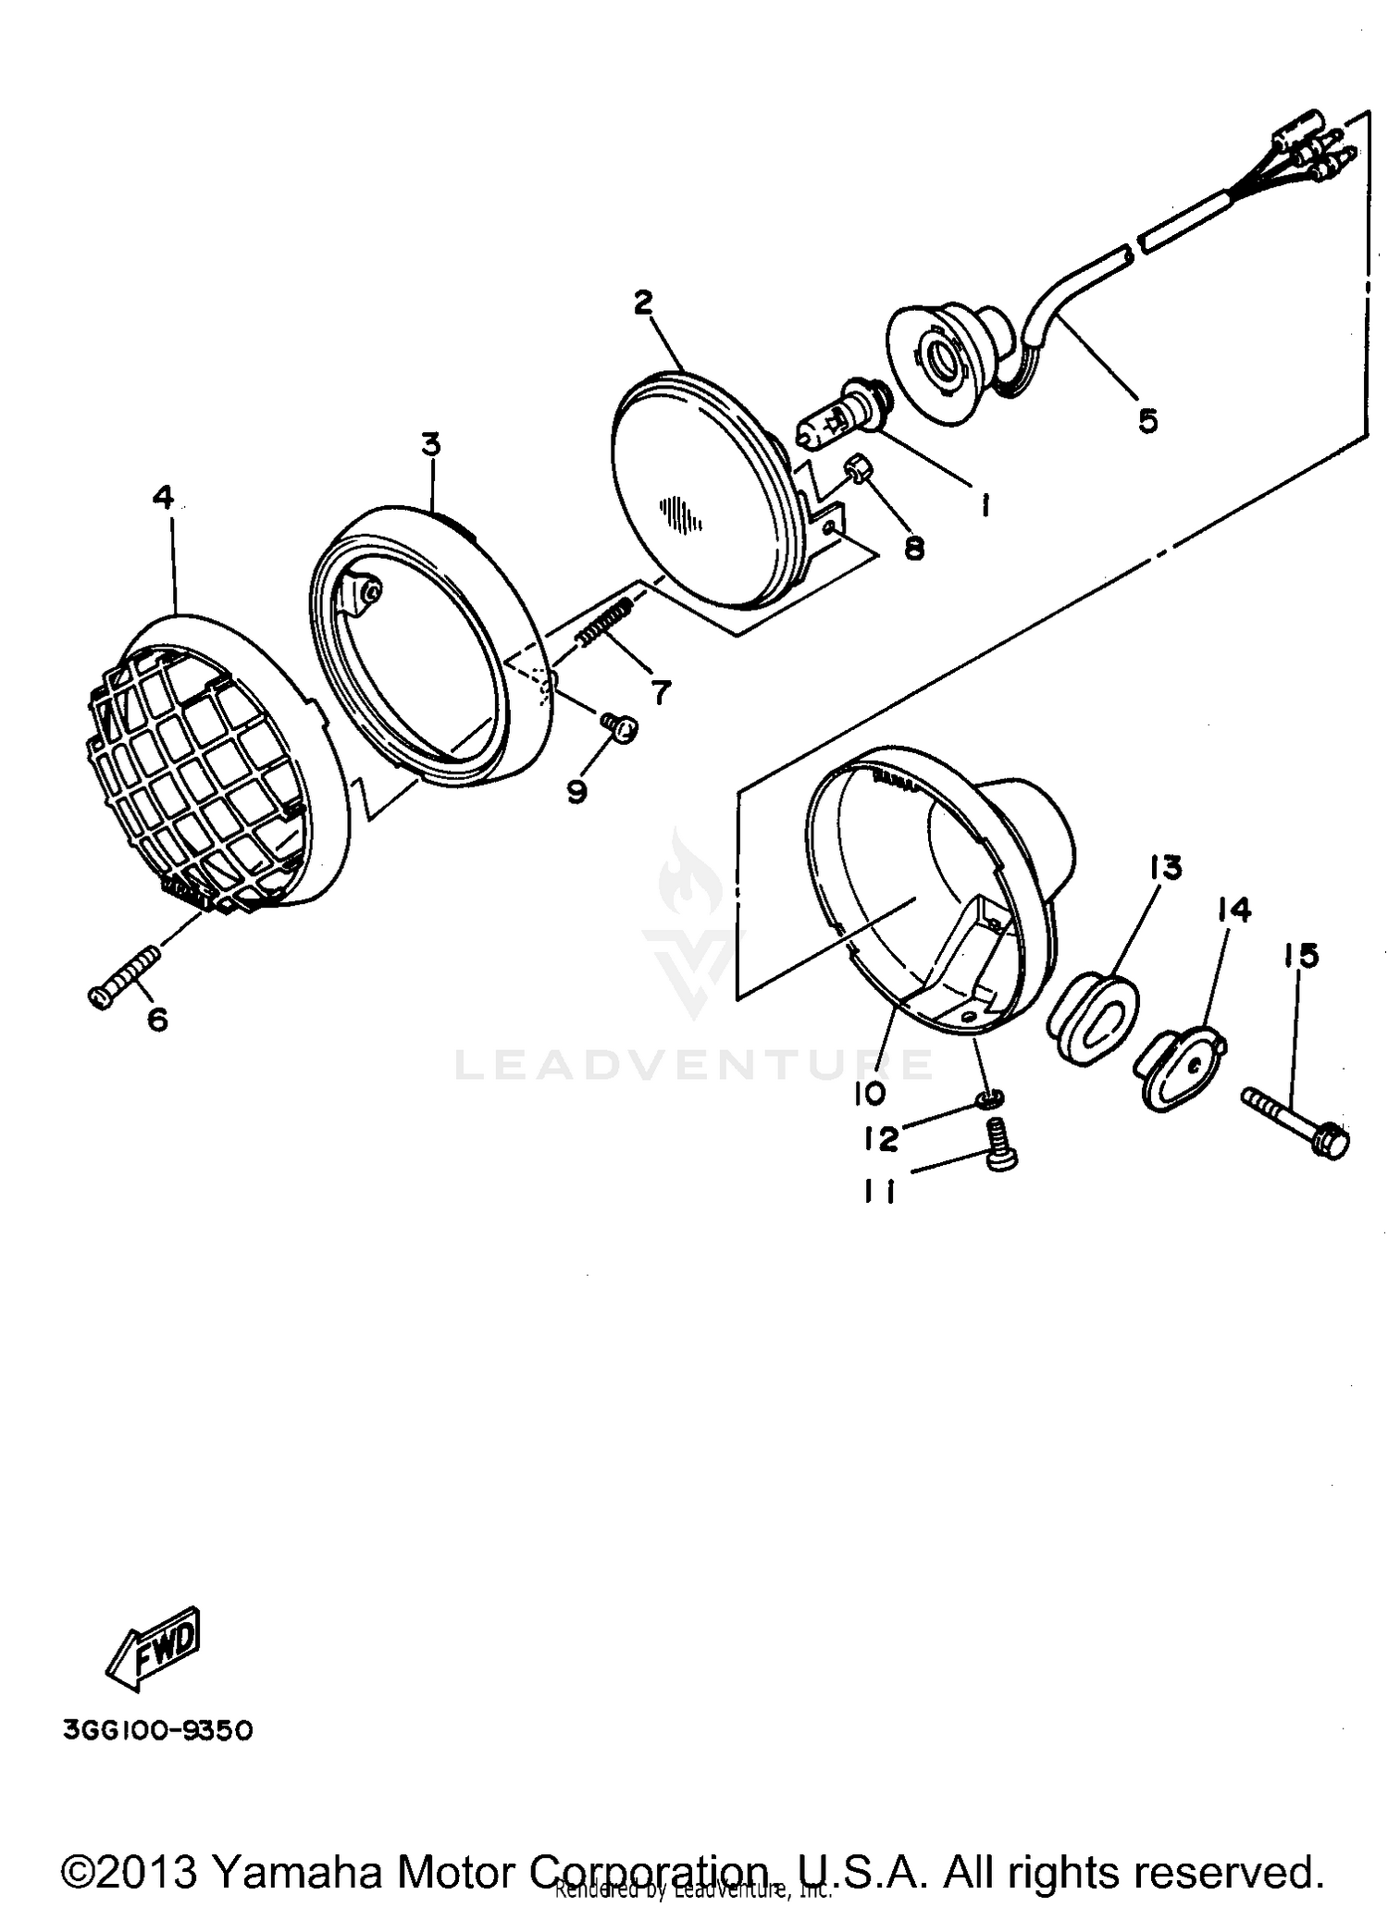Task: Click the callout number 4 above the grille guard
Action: (x=163, y=498)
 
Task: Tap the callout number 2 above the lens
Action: (x=643, y=302)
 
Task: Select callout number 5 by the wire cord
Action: (x=1147, y=421)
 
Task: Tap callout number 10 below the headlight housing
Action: (x=870, y=1093)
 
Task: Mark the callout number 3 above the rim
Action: (x=430, y=445)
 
